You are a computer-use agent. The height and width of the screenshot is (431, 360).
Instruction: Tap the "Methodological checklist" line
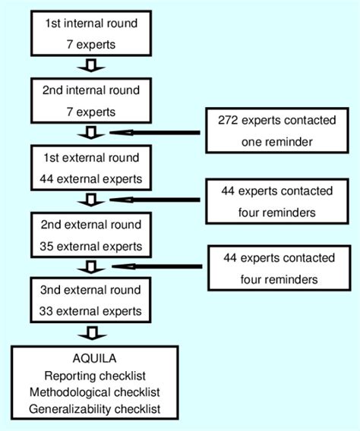coord(94,394)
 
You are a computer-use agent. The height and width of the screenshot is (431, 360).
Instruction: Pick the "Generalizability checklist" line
coord(94,410)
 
